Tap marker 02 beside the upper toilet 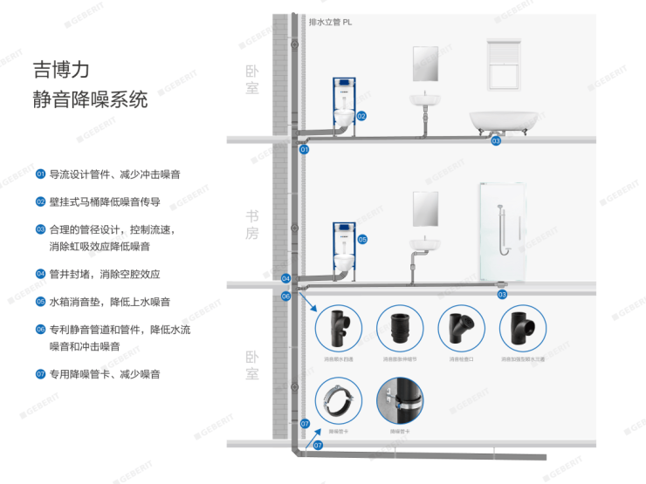tap(361, 115)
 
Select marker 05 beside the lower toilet tap(362, 238)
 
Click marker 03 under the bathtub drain tap(496, 140)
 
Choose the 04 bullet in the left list tap(40, 274)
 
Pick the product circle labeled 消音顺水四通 tap(339, 328)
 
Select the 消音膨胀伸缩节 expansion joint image tap(401, 328)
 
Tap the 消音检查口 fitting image tap(462, 328)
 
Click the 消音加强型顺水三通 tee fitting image tap(523, 328)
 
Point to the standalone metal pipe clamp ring tap(339, 399)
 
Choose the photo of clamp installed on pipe tap(401, 399)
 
